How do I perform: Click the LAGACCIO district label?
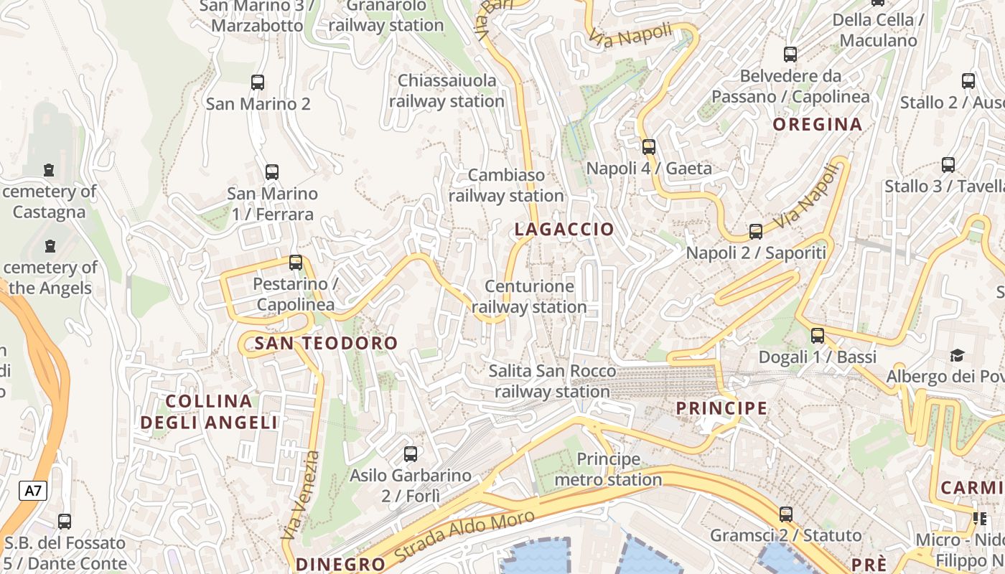tap(564, 230)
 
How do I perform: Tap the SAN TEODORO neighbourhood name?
tap(326, 344)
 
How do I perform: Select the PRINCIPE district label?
tap(721, 408)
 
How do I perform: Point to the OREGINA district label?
tap(817, 125)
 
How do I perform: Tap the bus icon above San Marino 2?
tap(258, 83)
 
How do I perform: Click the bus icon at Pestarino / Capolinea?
tap(296, 263)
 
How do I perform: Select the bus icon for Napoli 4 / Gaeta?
tap(649, 147)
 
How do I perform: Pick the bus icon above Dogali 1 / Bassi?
tap(818, 336)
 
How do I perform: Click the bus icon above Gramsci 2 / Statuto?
tap(786, 514)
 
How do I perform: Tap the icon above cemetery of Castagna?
tap(49, 171)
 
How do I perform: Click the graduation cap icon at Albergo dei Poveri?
tap(957, 355)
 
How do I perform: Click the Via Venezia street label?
tap(301, 495)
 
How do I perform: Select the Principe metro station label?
tap(608, 469)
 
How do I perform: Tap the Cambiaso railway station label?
tap(506, 185)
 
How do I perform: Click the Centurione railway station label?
tap(529, 297)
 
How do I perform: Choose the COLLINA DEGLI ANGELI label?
tap(209, 412)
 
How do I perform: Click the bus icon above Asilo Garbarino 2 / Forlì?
tap(411, 454)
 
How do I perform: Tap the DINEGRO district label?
tap(340, 564)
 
